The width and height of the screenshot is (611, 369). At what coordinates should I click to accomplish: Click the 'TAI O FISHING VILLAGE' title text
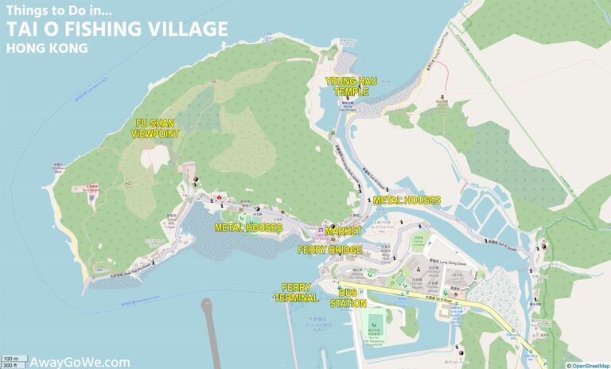(116, 30)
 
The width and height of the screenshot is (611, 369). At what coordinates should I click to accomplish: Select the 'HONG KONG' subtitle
(45, 49)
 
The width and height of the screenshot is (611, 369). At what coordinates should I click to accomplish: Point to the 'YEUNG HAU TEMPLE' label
(348, 87)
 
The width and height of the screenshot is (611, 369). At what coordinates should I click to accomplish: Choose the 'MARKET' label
(343, 231)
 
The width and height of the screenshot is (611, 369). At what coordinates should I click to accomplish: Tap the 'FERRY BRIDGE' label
(330, 250)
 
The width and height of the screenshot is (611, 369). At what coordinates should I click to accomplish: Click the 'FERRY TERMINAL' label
(300, 293)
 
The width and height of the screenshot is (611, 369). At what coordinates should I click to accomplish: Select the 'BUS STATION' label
(348, 298)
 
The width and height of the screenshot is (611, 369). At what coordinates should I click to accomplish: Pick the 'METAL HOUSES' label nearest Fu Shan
(248, 227)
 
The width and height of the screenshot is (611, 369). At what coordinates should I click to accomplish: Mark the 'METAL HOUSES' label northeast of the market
(407, 200)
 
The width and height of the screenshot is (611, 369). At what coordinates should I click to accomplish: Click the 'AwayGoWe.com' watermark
(76, 362)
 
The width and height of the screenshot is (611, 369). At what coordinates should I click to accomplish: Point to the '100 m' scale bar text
(10, 359)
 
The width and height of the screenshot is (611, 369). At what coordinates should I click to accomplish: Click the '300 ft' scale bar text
(10, 366)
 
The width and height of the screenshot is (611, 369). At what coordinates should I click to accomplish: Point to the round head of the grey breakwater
(208, 302)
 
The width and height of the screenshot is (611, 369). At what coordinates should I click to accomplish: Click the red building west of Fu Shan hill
(88, 189)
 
